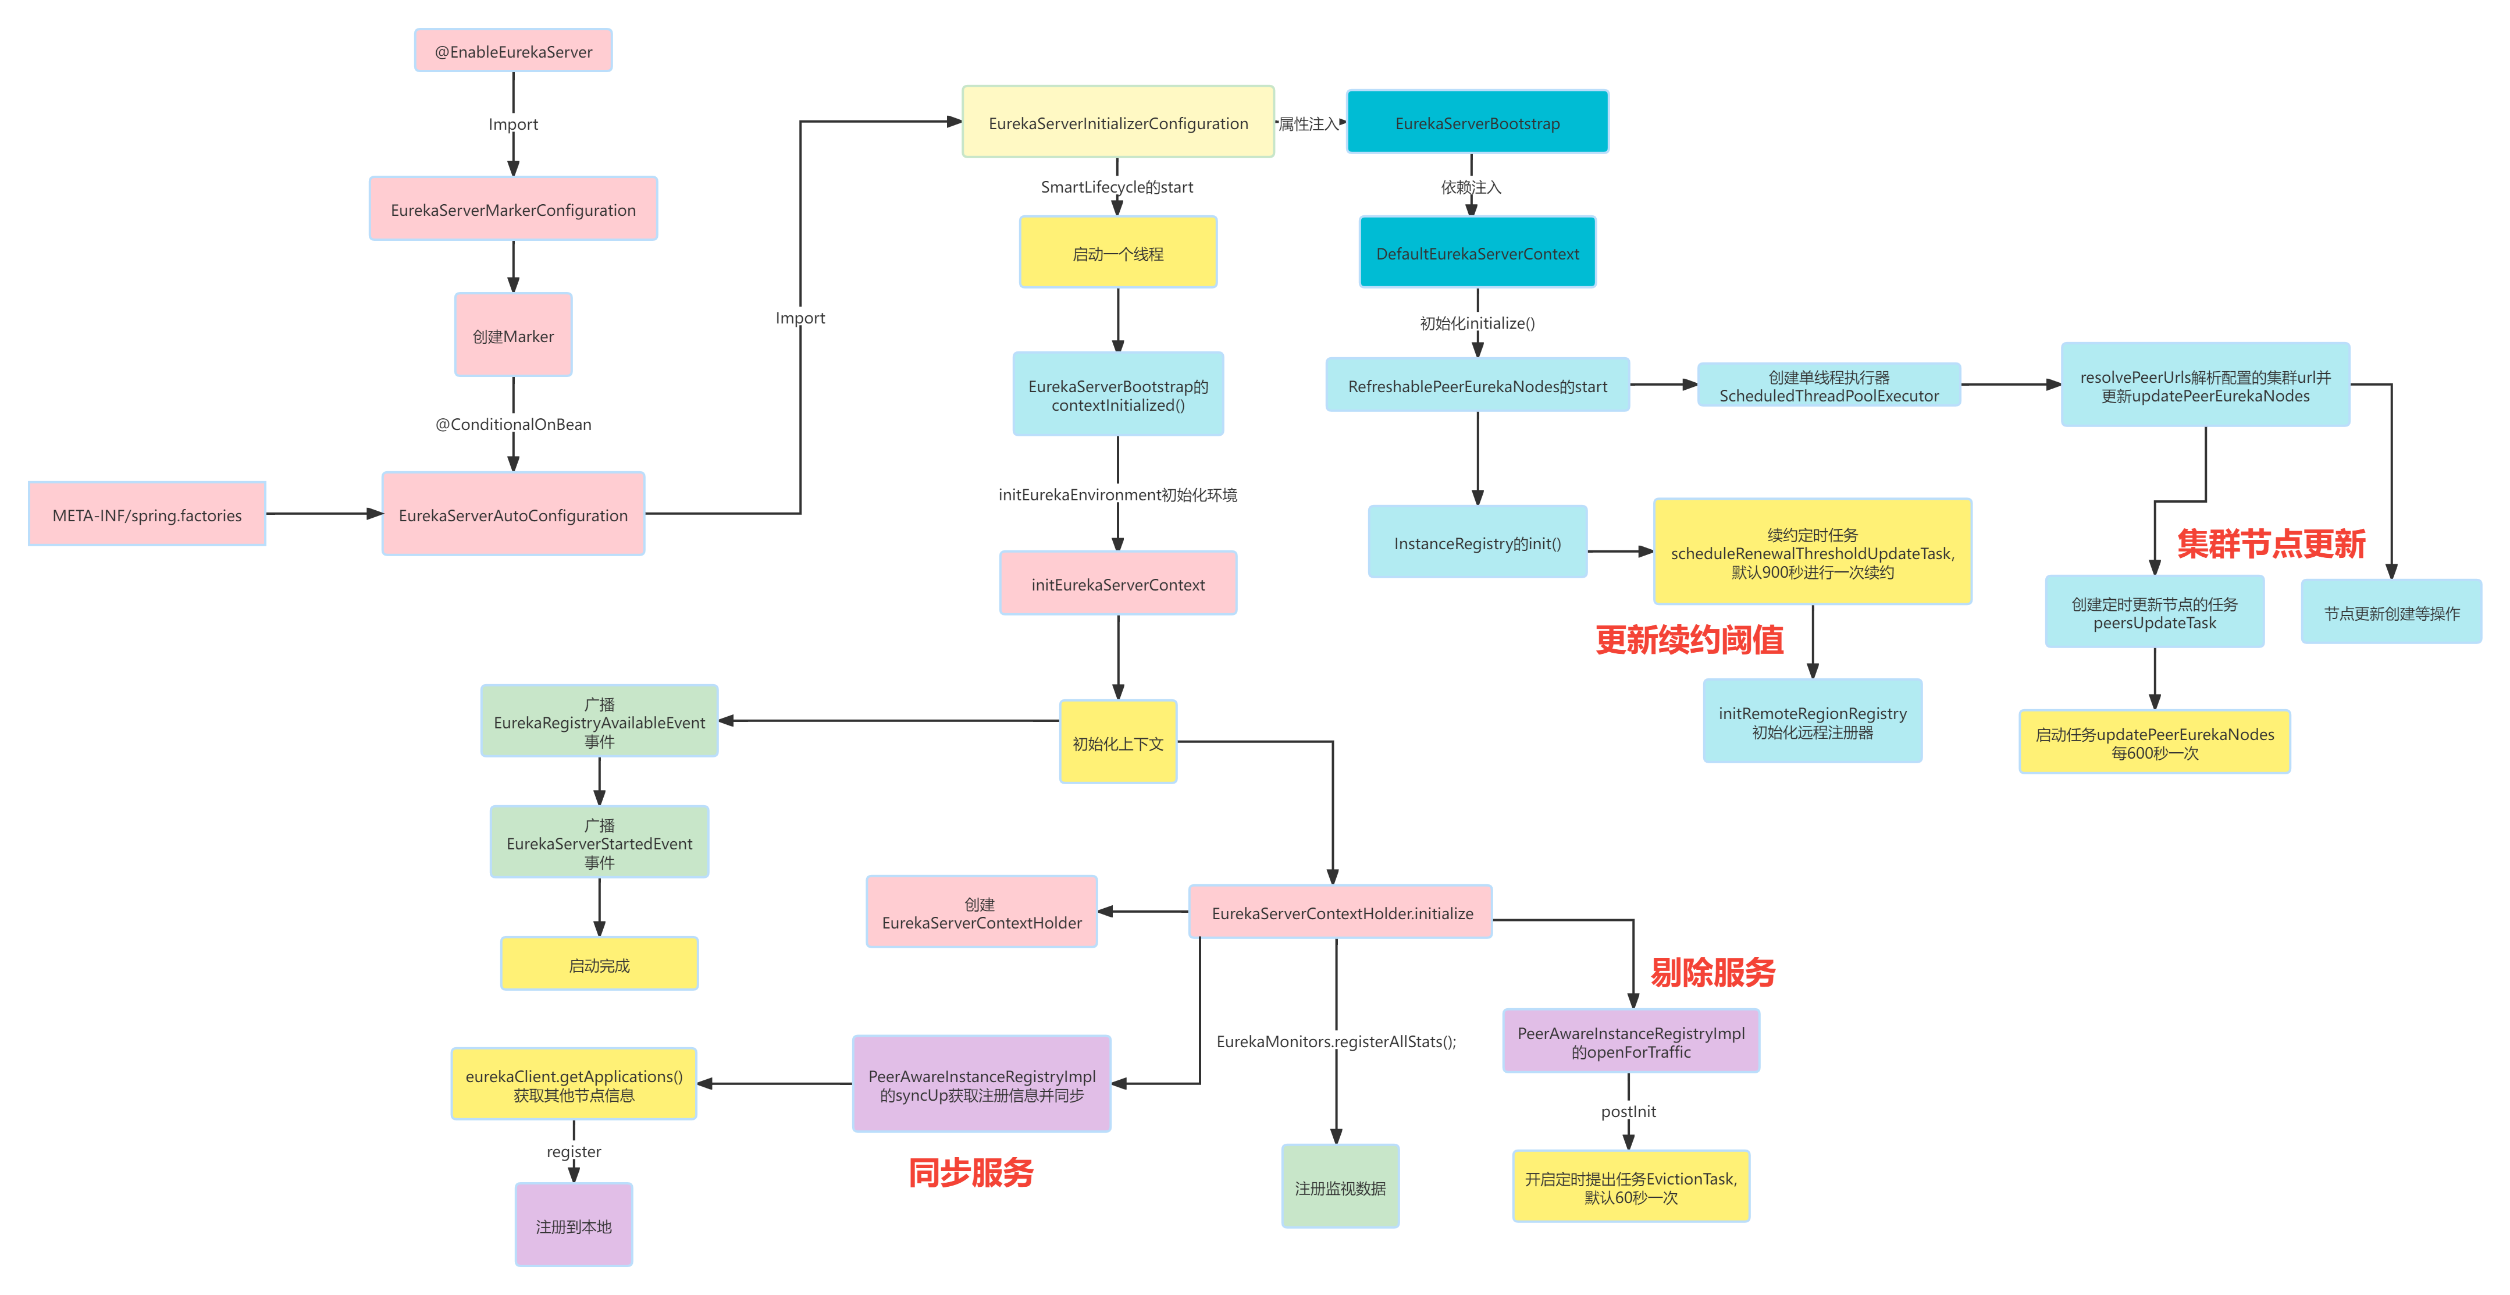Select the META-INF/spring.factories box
[x=147, y=514]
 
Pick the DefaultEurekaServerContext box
[x=1477, y=253]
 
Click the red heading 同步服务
[x=970, y=1172]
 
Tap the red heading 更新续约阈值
[x=1689, y=640]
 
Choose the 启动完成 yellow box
[x=599, y=965]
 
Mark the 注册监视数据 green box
[x=1340, y=1187]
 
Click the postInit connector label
[x=1628, y=1111]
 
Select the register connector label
[x=574, y=1151]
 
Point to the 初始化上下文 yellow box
[x=1117, y=742]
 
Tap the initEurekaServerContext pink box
[x=1117, y=584]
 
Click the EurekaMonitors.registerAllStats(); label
[x=1336, y=1041]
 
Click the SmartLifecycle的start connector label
[x=1117, y=186]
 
